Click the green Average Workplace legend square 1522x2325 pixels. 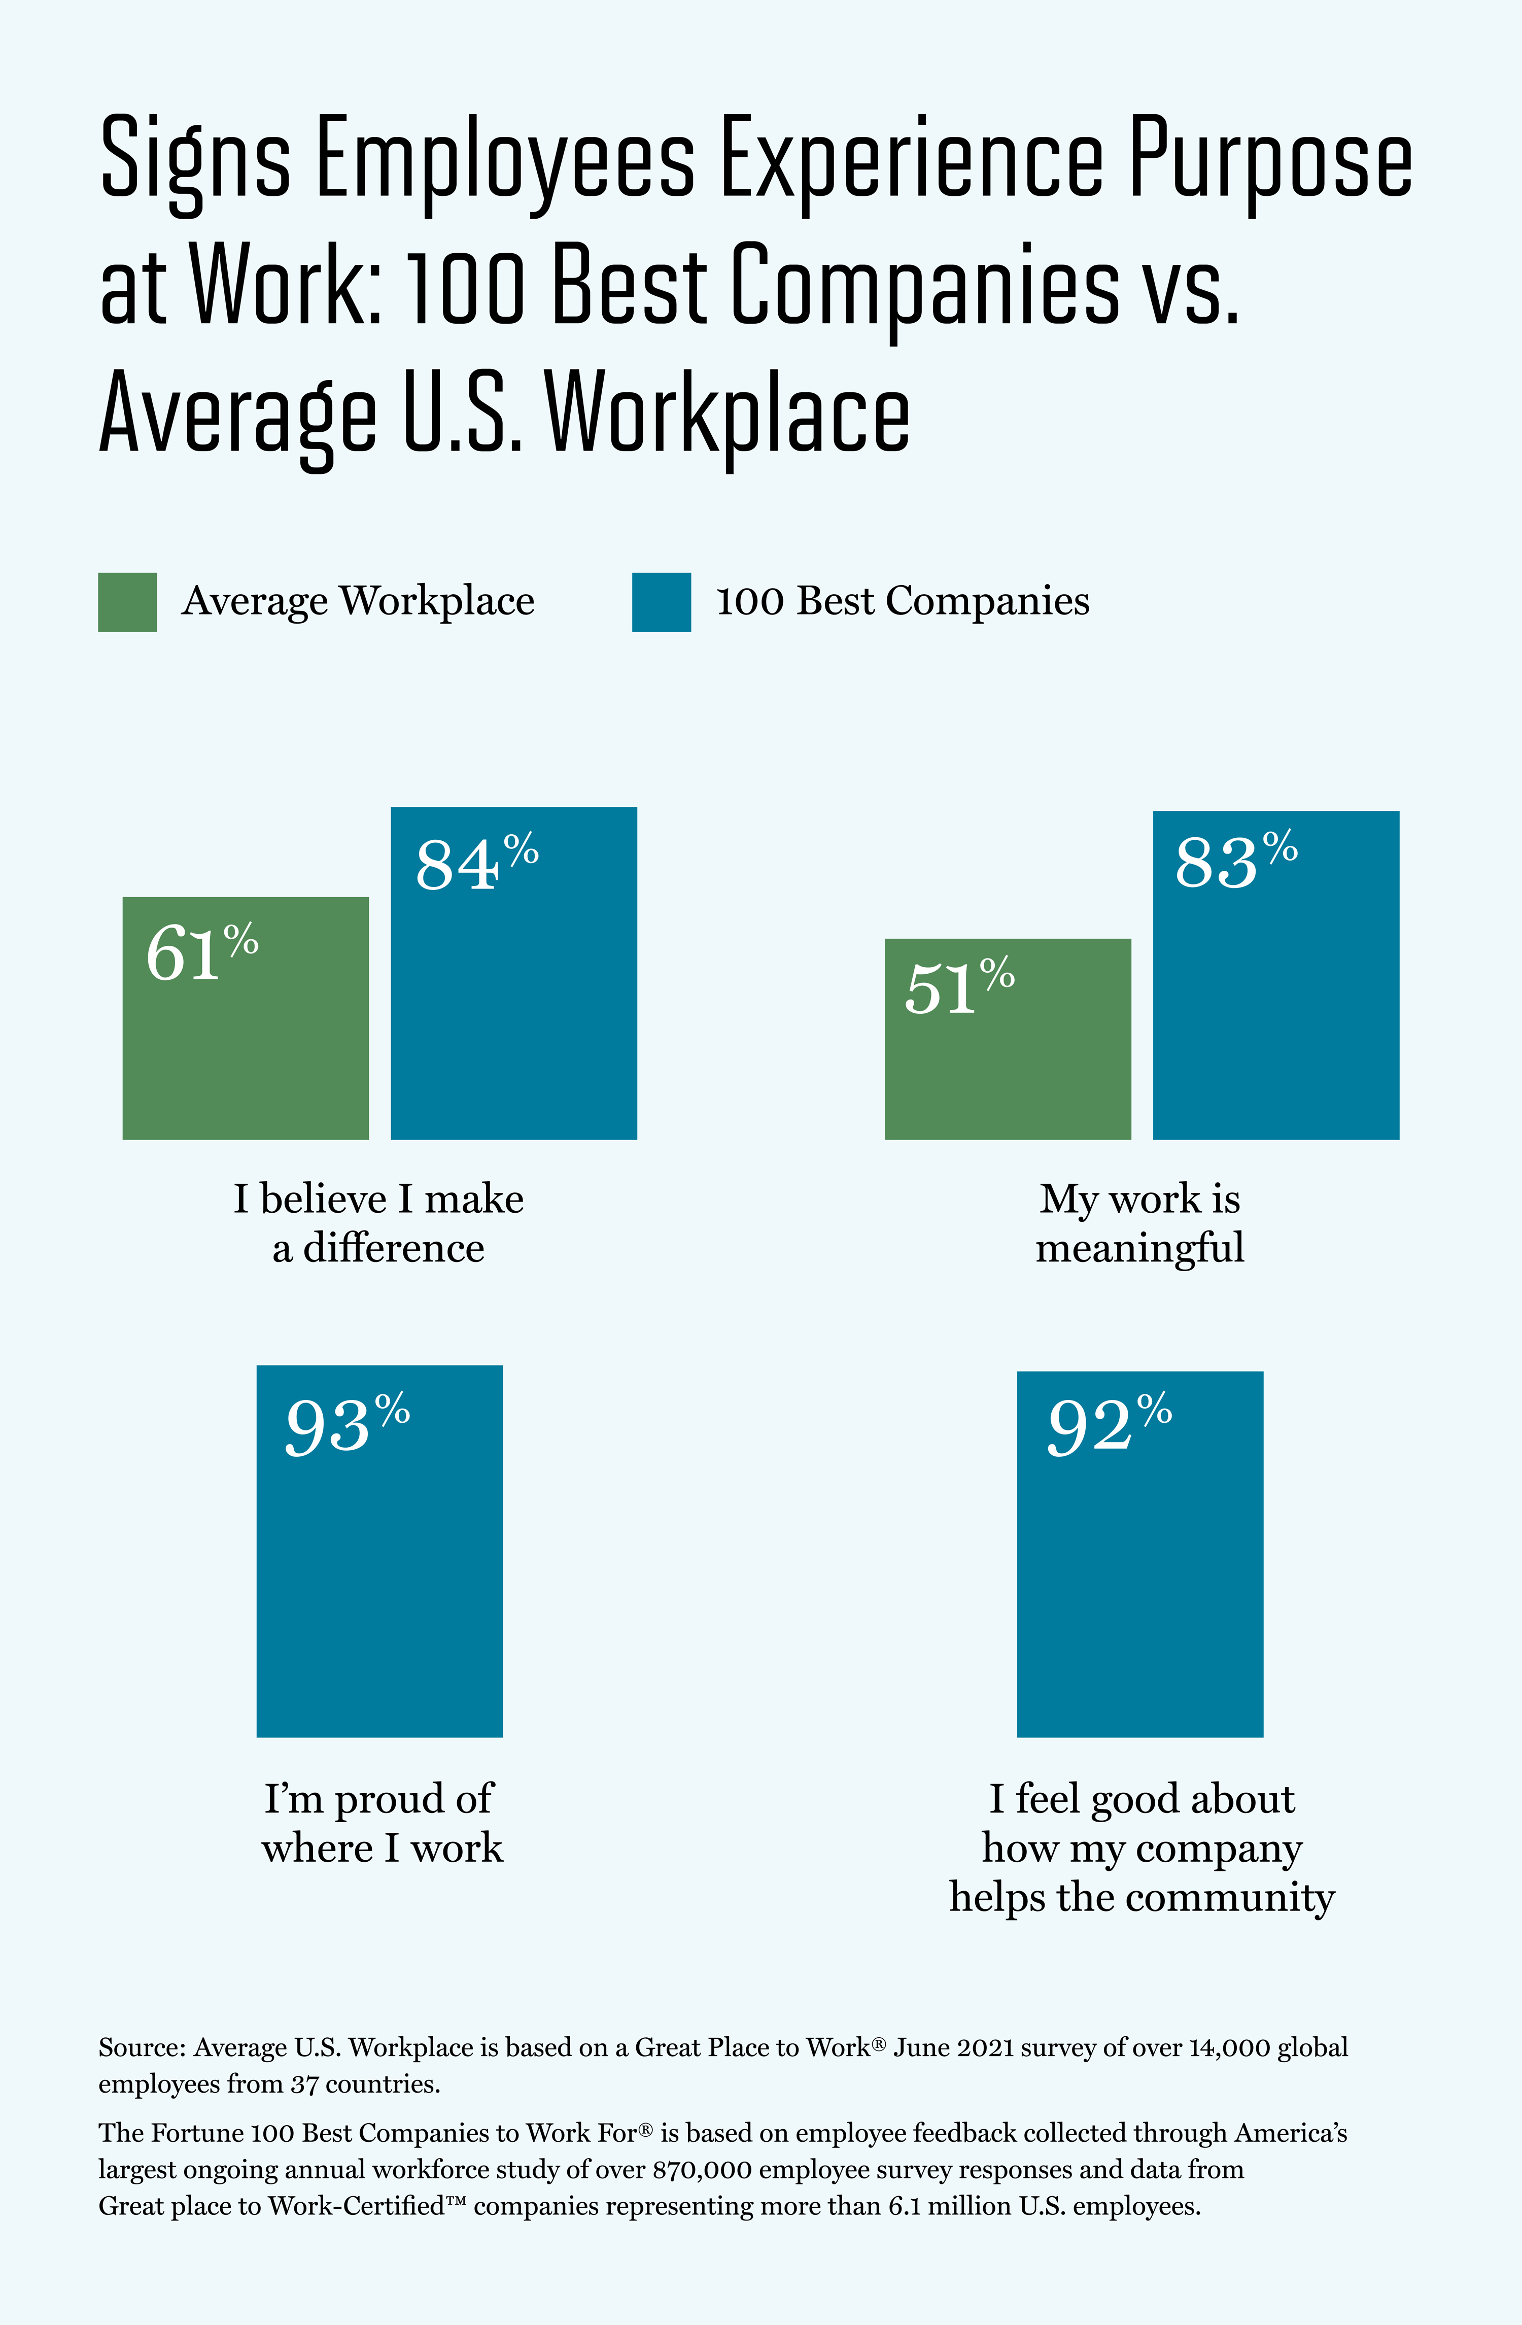(x=127, y=602)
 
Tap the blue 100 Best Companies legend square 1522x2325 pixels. (x=662, y=602)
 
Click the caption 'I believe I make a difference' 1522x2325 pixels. (x=378, y=1223)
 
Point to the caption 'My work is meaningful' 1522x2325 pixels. (x=1140, y=1223)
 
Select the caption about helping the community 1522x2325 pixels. (x=1141, y=1848)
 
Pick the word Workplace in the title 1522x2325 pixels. (x=728, y=415)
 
